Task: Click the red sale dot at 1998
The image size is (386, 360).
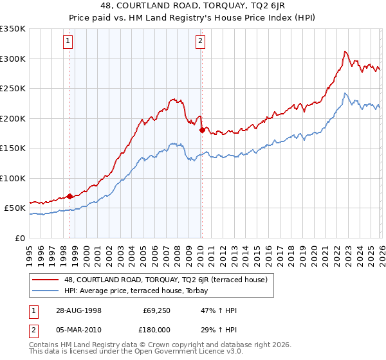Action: click(x=69, y=197)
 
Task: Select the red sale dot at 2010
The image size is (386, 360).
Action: click(x=201, y=130)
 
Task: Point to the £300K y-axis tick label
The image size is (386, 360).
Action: click(x=13, y=59)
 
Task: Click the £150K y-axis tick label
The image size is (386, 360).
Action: click(x=13, y=148)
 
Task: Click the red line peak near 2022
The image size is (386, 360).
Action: click(x=345, y=51)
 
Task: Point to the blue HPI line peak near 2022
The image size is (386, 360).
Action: click(x=345, y=93)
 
